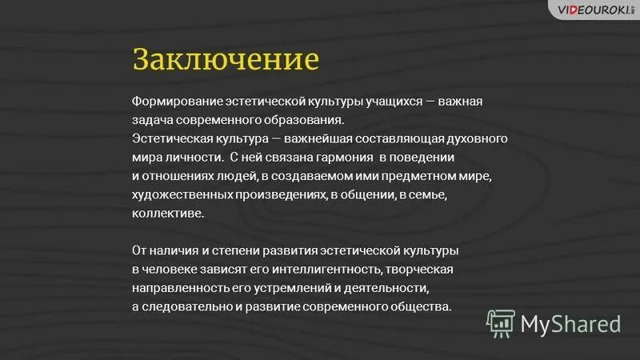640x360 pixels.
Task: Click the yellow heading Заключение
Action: pyautogui.click(x=226, y=61)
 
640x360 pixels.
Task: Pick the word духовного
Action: pyautogui.click(x=474, y=138)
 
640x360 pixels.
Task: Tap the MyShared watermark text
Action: pyautogui.click(x=570, y=323)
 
